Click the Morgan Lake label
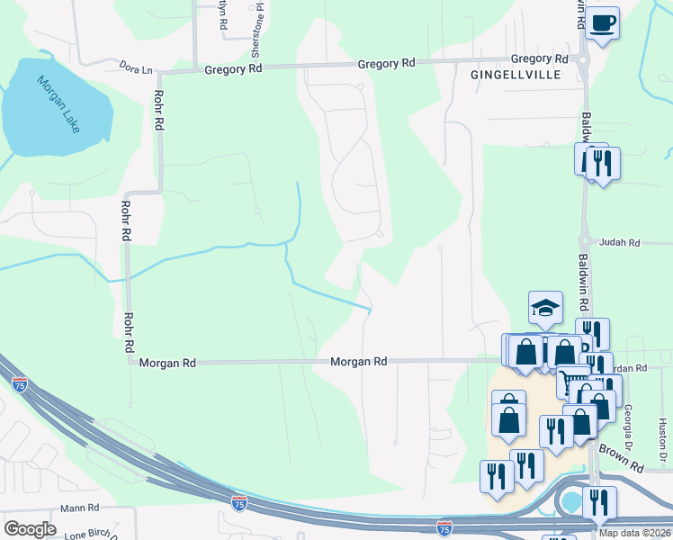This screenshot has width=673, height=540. coord(58,104)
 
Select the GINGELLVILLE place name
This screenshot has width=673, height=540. coord(516,76)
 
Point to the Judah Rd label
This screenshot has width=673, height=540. coord(621,243)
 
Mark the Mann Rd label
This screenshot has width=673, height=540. coord(79,508)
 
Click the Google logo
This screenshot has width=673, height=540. coord(30,529)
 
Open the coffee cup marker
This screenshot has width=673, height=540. coord(602,22)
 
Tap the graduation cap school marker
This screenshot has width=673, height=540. coord(545,308)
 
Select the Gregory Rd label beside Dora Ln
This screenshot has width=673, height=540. coord(233,68)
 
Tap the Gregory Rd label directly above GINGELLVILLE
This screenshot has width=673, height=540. coord(539,58)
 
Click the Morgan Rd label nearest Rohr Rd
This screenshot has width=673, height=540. coord(167,362)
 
